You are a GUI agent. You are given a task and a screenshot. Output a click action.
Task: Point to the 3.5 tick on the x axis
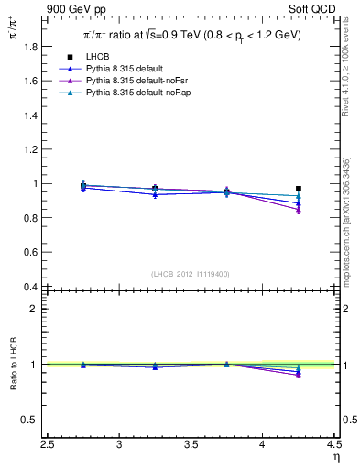pyautogui.click(x=191, y=445)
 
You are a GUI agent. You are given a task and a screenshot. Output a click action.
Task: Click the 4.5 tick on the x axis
pyautogui.click(x=333, y=445)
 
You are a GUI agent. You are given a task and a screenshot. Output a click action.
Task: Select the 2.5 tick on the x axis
pyautogui.click(x=49, y=445)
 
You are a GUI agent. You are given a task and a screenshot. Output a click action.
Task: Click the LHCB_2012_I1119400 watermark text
pyautogui.click(x=190, y=274)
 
